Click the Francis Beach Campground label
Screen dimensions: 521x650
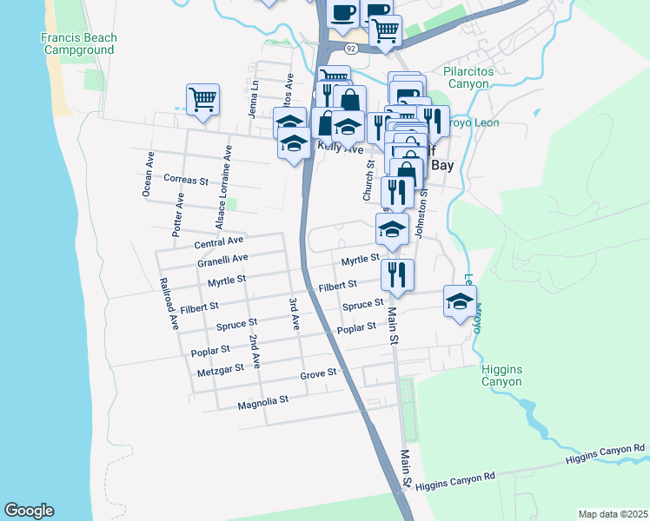click(x=77, y=43)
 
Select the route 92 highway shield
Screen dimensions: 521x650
click(x=350, y=49)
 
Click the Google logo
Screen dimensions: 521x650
click(x=29, y=511)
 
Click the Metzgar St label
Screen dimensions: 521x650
click(x=216, y=371)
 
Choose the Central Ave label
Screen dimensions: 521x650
click(x=219, y=242)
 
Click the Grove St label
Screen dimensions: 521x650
click(x=318, y=373)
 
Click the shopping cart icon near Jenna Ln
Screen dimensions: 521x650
click(x=202, y=99)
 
